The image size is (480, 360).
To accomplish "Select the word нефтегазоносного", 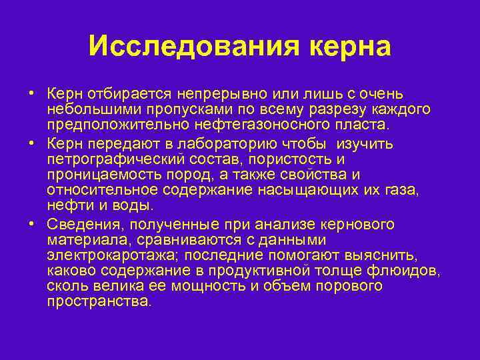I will click(x=247, y=124).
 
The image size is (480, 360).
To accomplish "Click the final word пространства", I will click(x=99, y=301).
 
